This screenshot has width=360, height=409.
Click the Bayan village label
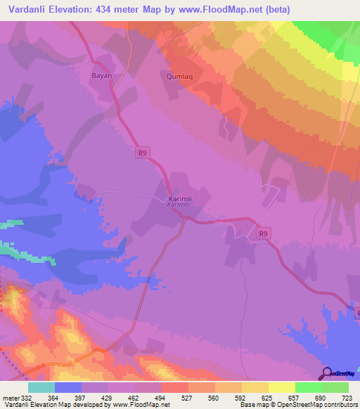tap(102, 74)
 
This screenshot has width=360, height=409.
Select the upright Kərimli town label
tap(179, 199)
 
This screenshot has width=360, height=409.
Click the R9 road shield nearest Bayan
tap(143, 152)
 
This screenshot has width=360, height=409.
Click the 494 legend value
tap(161, 398)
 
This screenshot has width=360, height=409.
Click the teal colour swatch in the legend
tap(41, 387)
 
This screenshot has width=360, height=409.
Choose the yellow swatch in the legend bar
tap(283, 387)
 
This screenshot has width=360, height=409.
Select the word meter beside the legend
tap(12, 398)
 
